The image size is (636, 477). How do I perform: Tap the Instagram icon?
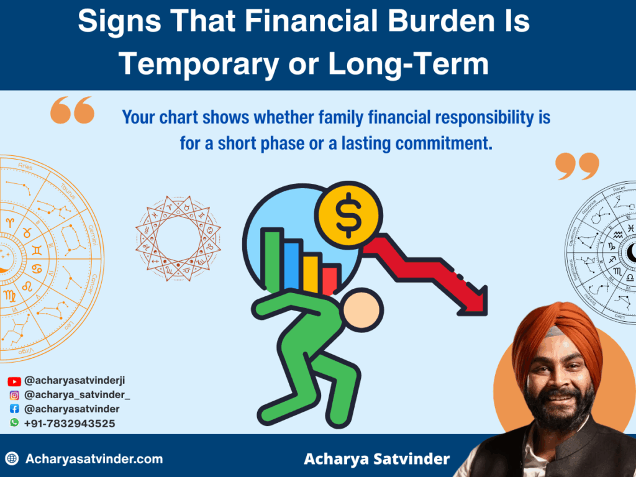click(x=14, y=395)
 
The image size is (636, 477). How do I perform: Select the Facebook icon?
click(x=14, y=409)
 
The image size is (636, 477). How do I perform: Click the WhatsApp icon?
click(x=14, y=423)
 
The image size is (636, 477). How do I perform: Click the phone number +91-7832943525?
click(x=70, y=424)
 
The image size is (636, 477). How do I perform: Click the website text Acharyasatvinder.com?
click(x=94, y=460)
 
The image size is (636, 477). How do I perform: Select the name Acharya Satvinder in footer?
click(x=376, y=460)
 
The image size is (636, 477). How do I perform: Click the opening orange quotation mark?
click(x=72, y=110)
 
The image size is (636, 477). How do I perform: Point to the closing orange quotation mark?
click(x=577, y=166)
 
